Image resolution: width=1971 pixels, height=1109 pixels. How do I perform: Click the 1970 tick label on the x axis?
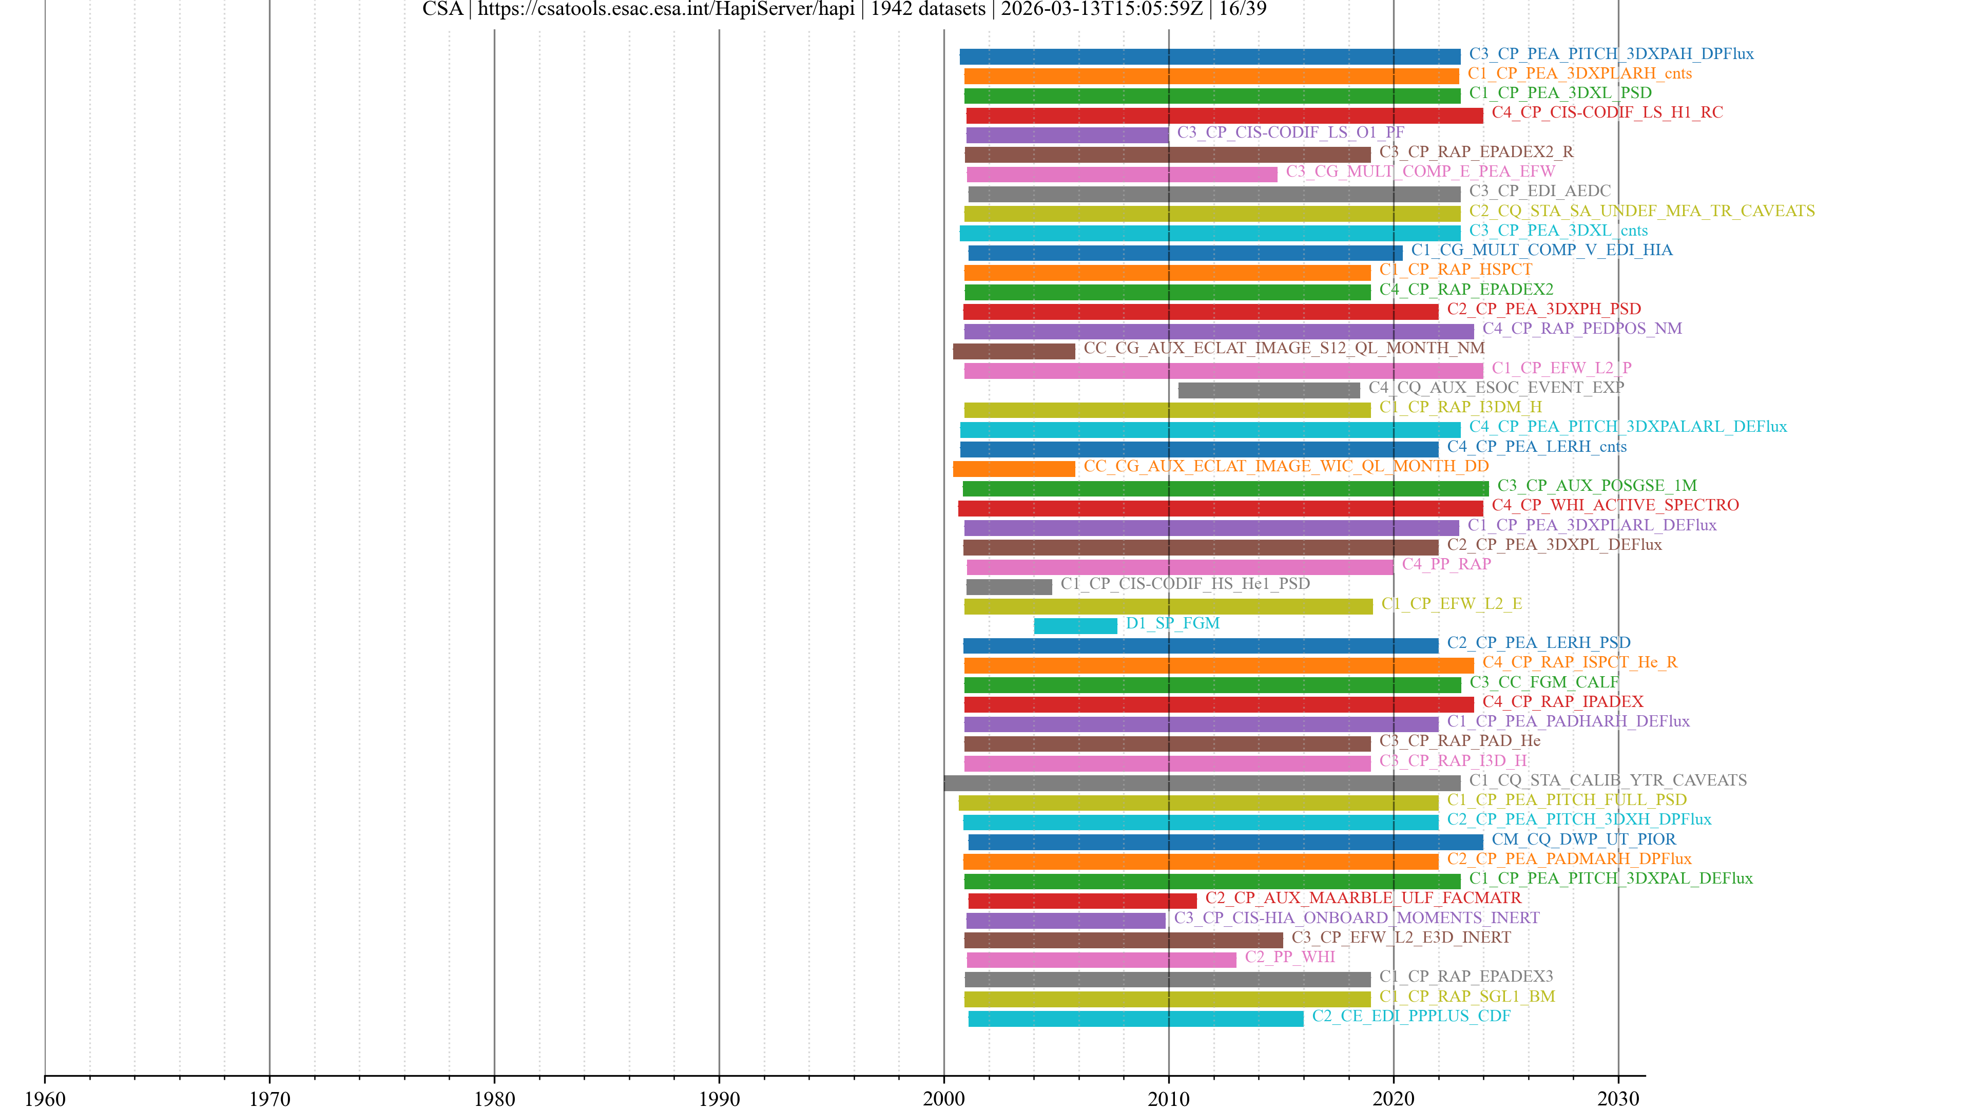pyautogui.click(x=269, y=1098)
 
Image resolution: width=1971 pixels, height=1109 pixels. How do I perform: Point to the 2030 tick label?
pyautogui.click(x=1617, y=1098)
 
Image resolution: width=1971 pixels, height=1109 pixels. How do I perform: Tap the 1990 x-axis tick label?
pyautogui.click(x=719, y=1098)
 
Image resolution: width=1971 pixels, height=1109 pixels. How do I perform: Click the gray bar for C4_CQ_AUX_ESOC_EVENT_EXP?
pyautogui.click(x=1269, y=390)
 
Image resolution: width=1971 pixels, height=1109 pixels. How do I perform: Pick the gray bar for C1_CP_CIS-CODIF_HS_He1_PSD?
pyautogui.click(x=1009, y=587)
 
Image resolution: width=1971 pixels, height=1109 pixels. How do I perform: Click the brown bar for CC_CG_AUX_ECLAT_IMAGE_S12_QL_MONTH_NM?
pyautogui.click(x=1013, y=351)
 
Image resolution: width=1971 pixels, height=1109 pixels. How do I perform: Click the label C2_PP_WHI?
pyautogui.click(x=1289, y=957)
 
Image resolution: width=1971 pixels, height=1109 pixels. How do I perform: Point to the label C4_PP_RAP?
pyautogui.click(x=1445, y=564)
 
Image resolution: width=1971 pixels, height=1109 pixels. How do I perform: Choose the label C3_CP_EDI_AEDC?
pyautogui.click(x=1539, y=190)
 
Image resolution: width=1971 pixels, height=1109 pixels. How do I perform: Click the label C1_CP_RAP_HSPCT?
pyautogui.click(x=1455, y=270)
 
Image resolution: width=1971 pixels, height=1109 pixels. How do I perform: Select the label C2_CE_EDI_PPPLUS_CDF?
pyautogui.click(x=1411, y=1016)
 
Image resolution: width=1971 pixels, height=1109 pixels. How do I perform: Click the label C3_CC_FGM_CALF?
pyautogui.click(x=1543, y=682)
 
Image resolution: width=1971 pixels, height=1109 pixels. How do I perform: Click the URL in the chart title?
pyautogui.click(x=666, y=9)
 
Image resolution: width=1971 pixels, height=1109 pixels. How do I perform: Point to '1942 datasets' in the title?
pyautogui.click(x=927, y=9)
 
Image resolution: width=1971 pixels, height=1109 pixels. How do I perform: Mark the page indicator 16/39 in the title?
pyautogui.click(x=1243, y=9)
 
